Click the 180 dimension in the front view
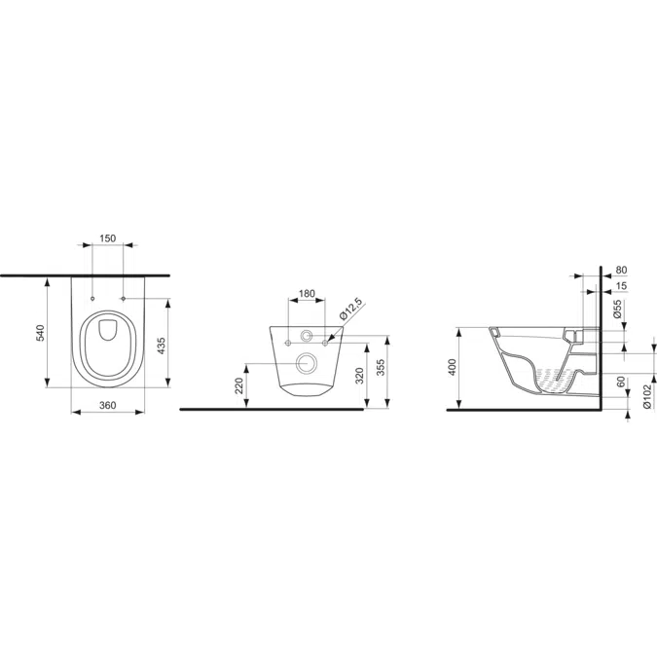(x=306, y=293)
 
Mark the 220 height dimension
(x=240, y=387)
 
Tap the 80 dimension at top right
(x=622, y=270)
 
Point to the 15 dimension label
(x=622, y=286)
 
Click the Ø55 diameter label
(x=619, y=310)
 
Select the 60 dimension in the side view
(x=622, y=383)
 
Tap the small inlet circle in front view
(x=307, y=337)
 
